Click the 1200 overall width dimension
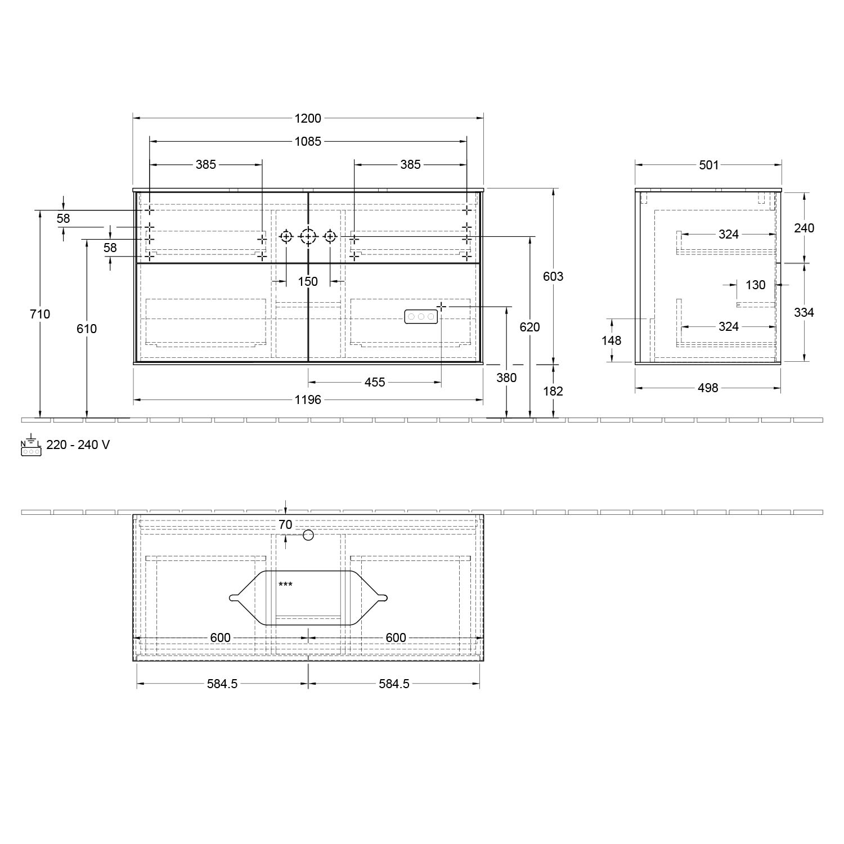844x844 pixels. point(308,118)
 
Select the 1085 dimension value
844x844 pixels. point(308,142)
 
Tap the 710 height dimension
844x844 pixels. point(40,314)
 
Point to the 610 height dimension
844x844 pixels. point(87,329)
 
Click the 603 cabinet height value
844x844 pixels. point(553,276)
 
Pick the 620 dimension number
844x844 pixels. point(529,327)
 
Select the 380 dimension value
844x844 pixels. point(506,378)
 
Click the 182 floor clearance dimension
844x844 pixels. point(553,391)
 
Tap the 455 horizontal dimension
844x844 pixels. point(375,383)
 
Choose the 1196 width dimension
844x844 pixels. point(308,399)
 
